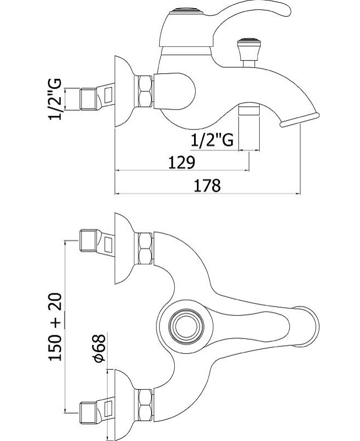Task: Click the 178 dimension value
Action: pos(207,185)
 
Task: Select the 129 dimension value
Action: pos(181,162)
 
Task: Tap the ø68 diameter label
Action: pos(99,348)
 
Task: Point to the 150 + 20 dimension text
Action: pos(55,327)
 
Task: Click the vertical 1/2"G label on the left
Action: pos(55,99)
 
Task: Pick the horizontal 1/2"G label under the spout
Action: pos(212,139)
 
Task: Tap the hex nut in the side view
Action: pos(145,91)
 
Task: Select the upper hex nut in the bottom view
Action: pos(145,249)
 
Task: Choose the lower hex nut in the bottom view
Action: pos(145,405)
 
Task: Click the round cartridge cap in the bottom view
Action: pos(185,326)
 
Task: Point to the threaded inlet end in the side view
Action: pos(89,99)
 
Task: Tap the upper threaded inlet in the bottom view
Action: pos(89,240)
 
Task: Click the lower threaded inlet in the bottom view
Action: pos(89,413)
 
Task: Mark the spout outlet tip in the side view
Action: pos(299,120)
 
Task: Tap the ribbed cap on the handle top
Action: pos(186,12)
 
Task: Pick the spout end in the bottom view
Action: pos(308,326)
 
